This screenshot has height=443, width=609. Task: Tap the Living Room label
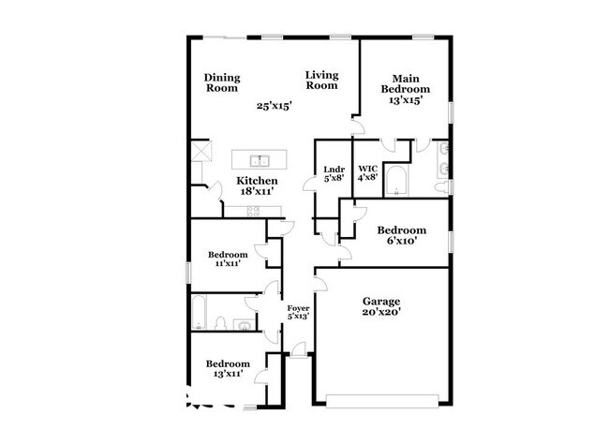coord(320,79)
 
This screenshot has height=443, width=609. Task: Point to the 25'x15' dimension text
coord(275,106)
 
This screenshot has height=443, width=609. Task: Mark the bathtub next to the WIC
coord(396,180)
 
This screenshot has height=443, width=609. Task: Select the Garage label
coord(381,302)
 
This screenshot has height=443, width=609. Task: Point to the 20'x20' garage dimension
coord(381,312)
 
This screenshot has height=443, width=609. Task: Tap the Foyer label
coord(298,308)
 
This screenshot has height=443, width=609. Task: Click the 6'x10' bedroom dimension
coord(400,241)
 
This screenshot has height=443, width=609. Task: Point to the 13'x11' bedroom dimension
coord(228,374)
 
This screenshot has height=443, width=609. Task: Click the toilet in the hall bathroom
coord(217,322)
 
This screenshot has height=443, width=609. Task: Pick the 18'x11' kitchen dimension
coord(255,190)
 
